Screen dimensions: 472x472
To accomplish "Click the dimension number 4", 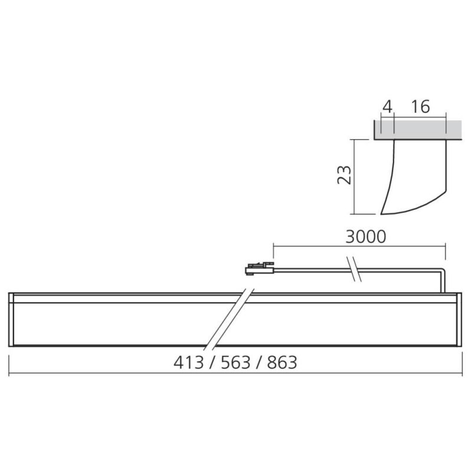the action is (x=388, y=107).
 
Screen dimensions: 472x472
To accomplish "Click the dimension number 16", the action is (x=421, y=107).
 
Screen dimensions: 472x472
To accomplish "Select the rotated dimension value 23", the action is (x=344, y=175).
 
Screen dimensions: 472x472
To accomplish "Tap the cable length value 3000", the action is (x=366, y=237).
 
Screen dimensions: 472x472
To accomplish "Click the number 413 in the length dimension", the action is (x=189, y=362).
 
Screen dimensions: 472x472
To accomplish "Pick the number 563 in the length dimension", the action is (x=235, y=362).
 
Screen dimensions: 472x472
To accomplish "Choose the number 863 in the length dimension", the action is (x=282, y=362).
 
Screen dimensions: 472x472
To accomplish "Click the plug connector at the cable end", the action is (x=260, y=268).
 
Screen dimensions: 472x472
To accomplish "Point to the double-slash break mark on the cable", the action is (x=355, y=269).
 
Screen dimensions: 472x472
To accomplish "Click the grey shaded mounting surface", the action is (x=418, y=130).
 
